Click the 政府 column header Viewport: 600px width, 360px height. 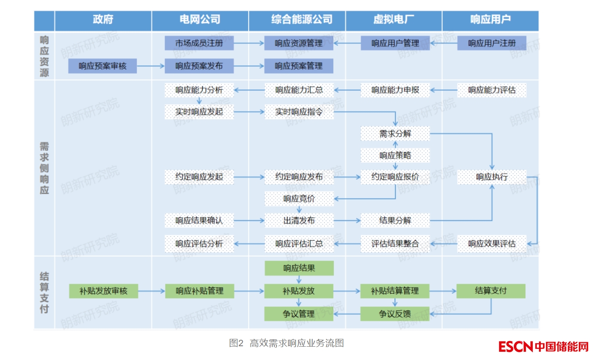tap(103, 20)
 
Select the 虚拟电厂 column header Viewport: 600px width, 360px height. tap(394, 20)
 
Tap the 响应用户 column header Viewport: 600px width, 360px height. tap(490, 20)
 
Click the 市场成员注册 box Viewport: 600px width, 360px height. tap(199, 43)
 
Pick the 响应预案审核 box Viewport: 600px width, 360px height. tap(103, 66)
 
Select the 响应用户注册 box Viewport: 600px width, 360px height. tap(491, 43)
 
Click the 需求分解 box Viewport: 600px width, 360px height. tap(395, 133)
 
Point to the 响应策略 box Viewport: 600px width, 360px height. tap(395, 155)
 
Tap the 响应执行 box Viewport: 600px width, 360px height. tap(491, 177)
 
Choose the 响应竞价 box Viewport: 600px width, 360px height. tap(299, 199)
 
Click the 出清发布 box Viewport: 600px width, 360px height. tap(299, 220)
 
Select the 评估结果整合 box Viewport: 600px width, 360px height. tap(395, 243)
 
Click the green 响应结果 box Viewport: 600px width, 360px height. tap(299, 268)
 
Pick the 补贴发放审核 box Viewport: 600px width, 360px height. tap(103, 291)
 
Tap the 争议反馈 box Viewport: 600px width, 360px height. tap(395, 314)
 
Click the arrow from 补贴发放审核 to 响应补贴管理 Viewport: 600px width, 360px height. tap(151, 291)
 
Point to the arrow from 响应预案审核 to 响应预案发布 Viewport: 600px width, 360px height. tap(151, 66)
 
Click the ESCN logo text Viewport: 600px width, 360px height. tap(516, 346)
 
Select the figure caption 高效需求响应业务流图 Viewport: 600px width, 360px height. tap(297, 343)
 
